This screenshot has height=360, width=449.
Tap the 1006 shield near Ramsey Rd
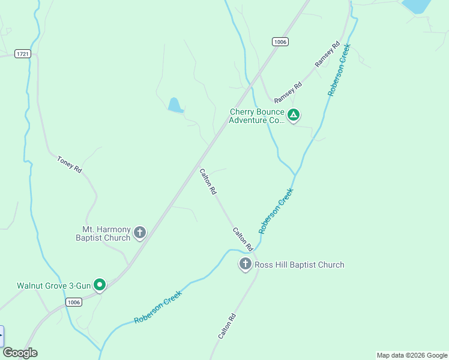pos(280,41)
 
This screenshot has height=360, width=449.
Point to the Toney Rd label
pos(69,164)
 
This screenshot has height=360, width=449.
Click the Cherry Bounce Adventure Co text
pos(256,116)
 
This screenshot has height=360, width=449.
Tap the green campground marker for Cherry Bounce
pos(293,115)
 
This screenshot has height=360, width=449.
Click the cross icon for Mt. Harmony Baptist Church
pos(140,232)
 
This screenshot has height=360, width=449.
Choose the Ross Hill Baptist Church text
pos(299,265)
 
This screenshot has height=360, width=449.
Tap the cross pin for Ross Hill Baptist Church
pos(245,263)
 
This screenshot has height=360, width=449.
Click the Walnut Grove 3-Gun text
pos(53,286)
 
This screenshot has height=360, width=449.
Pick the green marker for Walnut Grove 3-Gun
pos(100,285)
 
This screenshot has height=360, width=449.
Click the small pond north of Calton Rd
pos(175,106)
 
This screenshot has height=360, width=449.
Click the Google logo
pos(20,353)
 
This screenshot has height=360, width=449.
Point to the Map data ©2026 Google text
pos(412,355)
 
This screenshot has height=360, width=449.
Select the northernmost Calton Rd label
pos(208,182)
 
